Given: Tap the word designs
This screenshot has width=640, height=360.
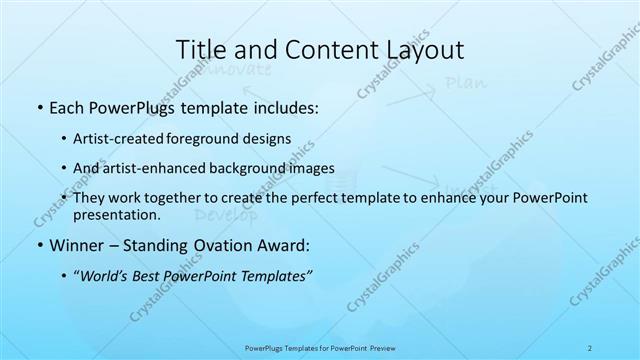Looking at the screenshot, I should [269, 138].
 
